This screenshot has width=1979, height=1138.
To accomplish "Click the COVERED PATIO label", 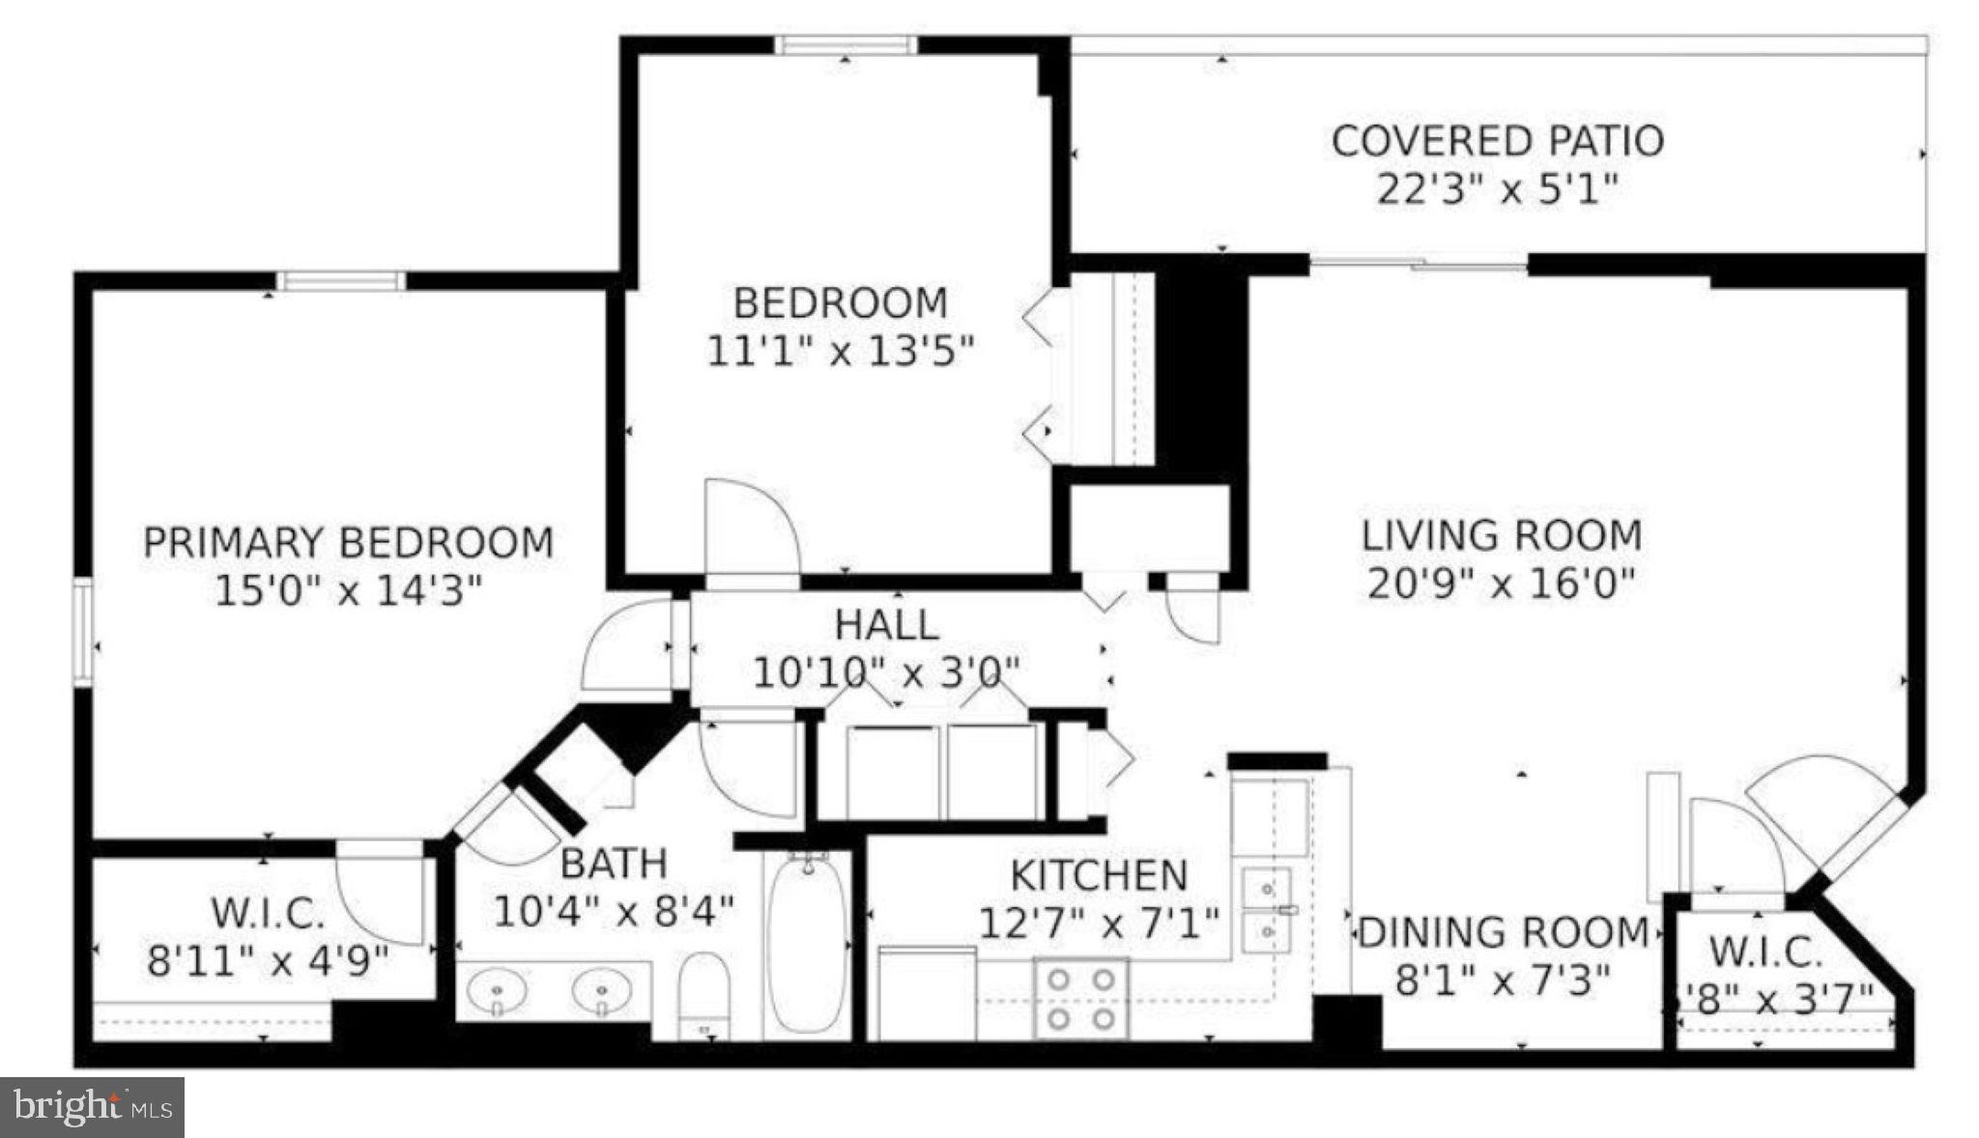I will (1497, 141).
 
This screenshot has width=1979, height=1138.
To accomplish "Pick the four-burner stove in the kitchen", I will (1081, 998).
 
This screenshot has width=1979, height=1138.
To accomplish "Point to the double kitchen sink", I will (1267, 909).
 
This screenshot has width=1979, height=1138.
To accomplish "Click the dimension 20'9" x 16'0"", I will (1501, 583).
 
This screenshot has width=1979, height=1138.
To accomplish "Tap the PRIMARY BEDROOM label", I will (348, 542).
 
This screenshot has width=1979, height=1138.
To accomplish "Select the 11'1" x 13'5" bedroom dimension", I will (840, 351).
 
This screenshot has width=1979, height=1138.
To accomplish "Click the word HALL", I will (886, 625).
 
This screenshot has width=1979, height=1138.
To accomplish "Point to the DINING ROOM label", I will (1504, 933).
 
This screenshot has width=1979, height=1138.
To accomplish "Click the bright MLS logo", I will (92, 1106).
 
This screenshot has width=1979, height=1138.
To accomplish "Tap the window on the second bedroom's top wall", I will (846, 44).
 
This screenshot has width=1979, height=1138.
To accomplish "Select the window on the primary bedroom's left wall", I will (83, 633).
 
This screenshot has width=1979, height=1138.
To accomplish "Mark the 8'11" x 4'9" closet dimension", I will (268, 961).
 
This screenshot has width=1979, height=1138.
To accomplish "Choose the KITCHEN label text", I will (1098, 876).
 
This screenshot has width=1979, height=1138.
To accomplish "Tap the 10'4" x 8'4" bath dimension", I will (614, 911).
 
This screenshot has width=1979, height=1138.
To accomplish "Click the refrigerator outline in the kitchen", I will (927, 993).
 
